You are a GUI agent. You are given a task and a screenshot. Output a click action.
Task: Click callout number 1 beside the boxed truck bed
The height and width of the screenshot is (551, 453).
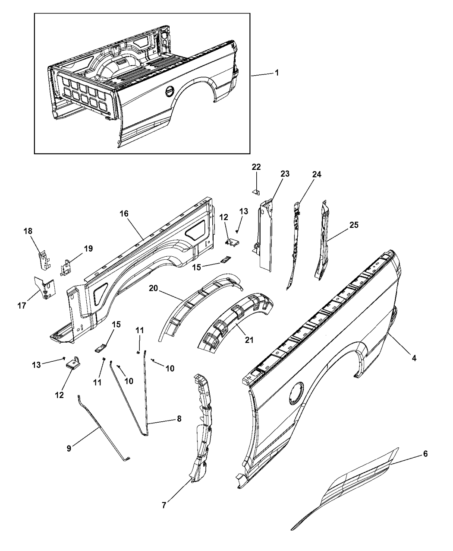pos(277,73)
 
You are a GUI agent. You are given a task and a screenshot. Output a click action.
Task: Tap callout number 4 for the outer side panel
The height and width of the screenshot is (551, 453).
pos(414,358)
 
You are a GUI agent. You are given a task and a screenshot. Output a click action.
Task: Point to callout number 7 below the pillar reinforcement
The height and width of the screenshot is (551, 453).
pos(164,505)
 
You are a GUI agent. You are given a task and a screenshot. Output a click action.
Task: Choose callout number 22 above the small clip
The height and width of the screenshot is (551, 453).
pos(256,167)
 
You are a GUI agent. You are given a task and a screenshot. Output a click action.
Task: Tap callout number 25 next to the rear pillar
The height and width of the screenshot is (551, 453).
pos(354,225)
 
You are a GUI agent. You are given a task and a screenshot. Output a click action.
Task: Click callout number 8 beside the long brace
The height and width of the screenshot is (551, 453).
pos(179,419)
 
